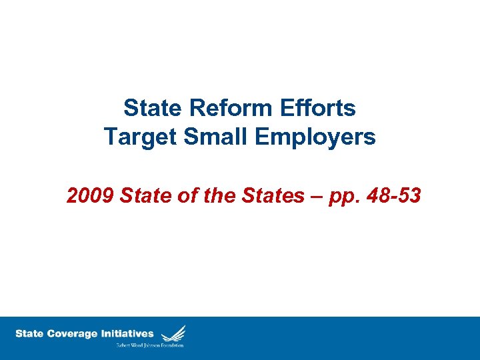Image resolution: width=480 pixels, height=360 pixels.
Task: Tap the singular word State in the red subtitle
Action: tap(143, 195)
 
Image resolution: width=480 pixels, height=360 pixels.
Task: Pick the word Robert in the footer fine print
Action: tap(125, 345)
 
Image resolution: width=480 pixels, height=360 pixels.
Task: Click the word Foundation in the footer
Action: tap(171, 345)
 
